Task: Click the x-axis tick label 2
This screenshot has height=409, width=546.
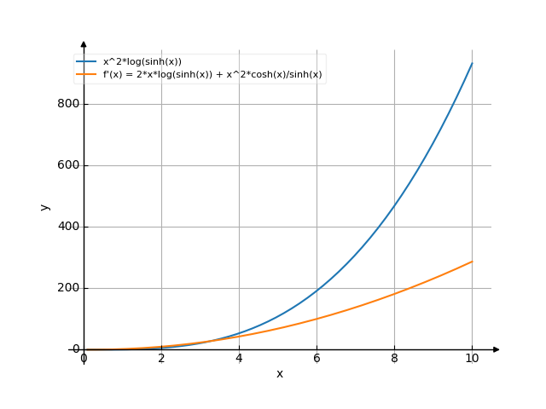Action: click(x=161, y=359)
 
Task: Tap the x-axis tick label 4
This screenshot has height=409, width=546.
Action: click(x=239, y=359)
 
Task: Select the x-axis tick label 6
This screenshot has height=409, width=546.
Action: click(x=317, y=359)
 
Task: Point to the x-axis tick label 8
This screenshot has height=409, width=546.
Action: click(x=394, y=359)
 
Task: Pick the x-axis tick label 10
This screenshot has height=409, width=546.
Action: click(x=472, y=359)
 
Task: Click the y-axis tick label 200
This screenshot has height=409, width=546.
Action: click(x=68, y=288)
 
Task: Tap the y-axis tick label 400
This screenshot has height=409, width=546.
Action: click(x=68, y=227)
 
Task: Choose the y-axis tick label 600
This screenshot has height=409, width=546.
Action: click(x=68, y=165)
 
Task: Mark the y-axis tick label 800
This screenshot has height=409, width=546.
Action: click(x=68, y=104)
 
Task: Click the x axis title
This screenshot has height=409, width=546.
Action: click(x=279, y=373)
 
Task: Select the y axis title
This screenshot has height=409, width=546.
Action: click(x=45, y=206)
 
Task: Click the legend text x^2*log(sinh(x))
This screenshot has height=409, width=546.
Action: click(x=142, y=61)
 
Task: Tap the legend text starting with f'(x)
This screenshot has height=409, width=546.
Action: click(x=212, y=74)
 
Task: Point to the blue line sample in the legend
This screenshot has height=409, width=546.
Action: click(x=86, y=61)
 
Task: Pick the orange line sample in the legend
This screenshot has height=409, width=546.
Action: click(x=86, y=74)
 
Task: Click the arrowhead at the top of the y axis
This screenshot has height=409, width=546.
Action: click(x=84, y=43)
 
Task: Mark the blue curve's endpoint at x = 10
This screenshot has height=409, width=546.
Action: click(x=472, y=63)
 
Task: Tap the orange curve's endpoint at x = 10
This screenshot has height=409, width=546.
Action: click(x=472, y=262)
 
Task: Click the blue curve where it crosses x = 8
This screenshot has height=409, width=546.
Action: click(x=394, y=204)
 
